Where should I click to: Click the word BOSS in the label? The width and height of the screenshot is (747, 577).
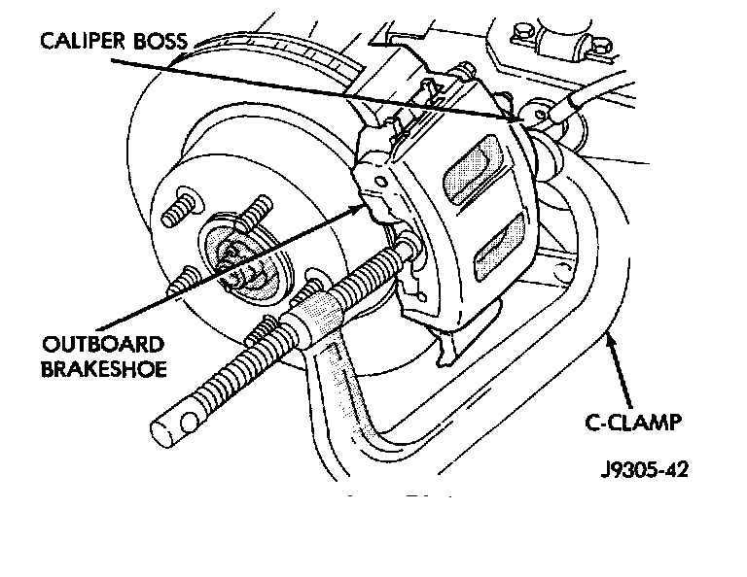pos(160,41)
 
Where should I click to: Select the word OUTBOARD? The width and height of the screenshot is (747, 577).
pos(103,344)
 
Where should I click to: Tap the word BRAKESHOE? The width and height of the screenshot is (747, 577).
pos(104,369)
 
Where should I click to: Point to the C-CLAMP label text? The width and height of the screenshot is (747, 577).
pos(633,422)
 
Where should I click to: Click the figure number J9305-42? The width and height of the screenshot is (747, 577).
pos(645,469)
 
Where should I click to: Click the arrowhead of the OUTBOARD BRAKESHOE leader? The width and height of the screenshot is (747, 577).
pos(356,208)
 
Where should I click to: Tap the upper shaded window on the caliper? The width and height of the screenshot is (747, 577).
pos(472,169)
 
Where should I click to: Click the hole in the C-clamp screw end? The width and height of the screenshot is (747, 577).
pos(189,422)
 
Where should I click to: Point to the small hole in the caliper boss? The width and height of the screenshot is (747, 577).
pos(540,115)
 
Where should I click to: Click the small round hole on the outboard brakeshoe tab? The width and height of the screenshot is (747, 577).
pos(380,182)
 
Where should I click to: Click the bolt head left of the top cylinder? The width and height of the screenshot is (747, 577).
pos(521,32)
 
